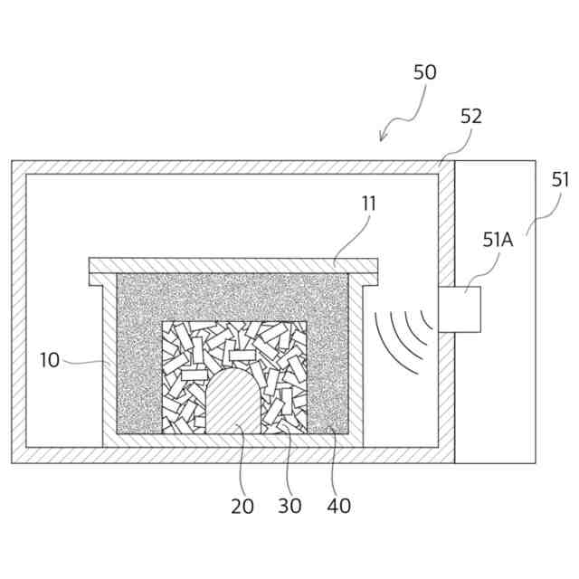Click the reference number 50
click(424, 73)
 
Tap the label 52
click(470, 116)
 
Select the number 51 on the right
click(561, 179)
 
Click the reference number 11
click(368, 204)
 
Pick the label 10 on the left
click(50, 360)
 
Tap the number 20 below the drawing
click(242, 506)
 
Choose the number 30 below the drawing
click(289, 506)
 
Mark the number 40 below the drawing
click(338, 506)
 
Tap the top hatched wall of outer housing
click(226, 167)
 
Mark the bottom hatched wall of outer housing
click(226, 455)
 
